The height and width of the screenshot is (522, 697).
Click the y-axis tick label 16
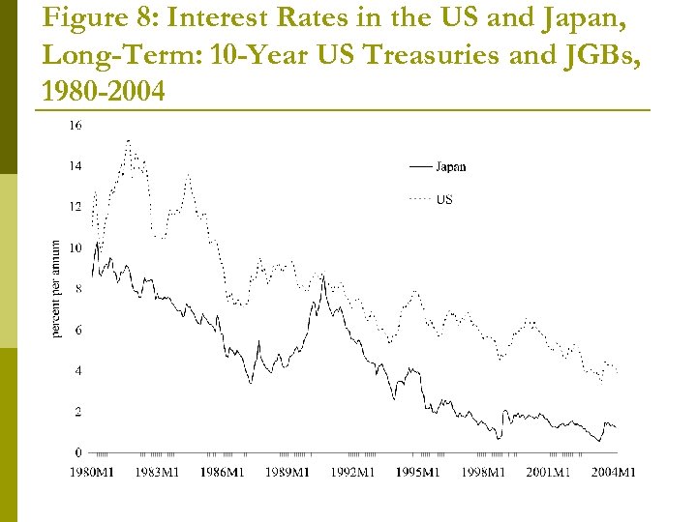click(76, 126)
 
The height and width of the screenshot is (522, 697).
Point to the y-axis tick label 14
click(76, 166)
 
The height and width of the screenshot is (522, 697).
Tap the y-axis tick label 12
click(76, 207)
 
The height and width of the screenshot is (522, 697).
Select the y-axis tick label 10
click(76, 248)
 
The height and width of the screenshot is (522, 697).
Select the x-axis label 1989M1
click(287, 473)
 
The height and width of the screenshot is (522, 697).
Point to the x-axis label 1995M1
click(418, 473)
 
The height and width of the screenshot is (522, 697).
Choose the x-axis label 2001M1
click(548, 473)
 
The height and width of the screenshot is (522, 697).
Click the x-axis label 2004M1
click(614, 473)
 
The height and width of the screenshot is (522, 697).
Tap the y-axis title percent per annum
click(56, 289)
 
